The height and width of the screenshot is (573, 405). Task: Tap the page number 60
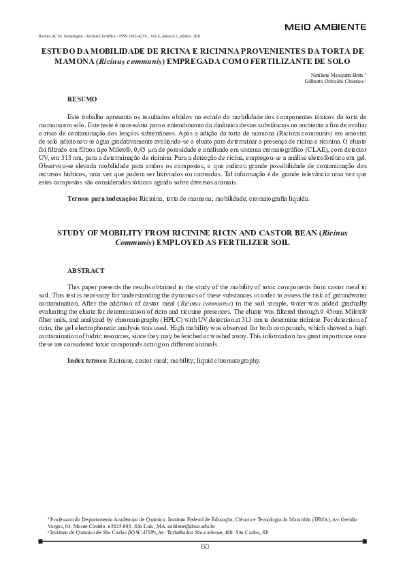click(204, 548)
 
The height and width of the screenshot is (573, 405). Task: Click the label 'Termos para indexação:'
click(101, 199)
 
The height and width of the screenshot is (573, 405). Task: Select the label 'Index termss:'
click(86, 359)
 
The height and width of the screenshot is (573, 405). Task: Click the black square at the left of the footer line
click(41, 542)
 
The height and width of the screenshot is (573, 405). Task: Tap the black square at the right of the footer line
click(365, 542)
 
